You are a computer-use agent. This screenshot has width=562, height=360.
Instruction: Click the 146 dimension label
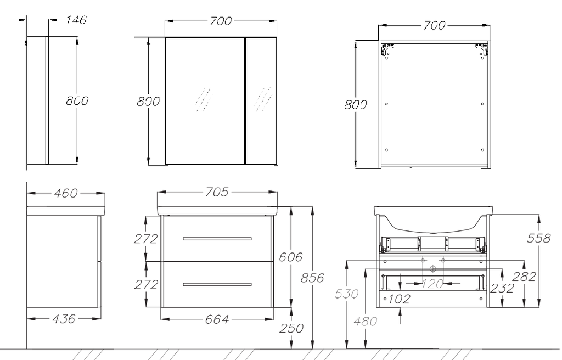click(76, 20)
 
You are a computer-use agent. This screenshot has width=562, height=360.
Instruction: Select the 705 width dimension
click(217, 192)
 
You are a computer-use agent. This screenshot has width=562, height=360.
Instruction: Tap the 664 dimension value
click(217, 319)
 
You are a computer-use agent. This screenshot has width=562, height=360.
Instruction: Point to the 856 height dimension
click(312, 278)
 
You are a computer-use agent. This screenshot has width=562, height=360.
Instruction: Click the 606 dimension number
click(291, 257)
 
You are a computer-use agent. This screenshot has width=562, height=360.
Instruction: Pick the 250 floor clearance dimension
click(291, 328)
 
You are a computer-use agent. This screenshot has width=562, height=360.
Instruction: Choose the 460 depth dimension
click(66, 193)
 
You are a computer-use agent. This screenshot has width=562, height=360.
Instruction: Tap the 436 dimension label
click(64, 318)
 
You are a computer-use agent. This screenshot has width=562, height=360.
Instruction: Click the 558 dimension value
click(538, 238)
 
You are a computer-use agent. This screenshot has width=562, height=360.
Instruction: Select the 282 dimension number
click(524, 277)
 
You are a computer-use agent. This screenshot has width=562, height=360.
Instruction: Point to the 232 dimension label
click(502, 288)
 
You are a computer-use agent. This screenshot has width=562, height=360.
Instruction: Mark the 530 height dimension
click(347, 294)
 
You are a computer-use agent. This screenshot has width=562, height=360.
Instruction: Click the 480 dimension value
click(365, 321)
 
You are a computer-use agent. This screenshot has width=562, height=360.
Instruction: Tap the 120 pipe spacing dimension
click(432, 284)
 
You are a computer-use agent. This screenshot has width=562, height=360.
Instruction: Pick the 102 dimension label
click(400, 299)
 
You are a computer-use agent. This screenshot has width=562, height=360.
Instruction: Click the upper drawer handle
click(217, 239)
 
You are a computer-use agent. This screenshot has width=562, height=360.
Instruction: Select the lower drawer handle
click(217, 284)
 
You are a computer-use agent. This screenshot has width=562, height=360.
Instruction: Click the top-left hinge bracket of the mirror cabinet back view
click(387, 50)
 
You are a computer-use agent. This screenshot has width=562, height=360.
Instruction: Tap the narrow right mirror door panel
click(261, 101)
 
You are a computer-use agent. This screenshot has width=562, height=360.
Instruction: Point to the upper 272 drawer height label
click(146, 239)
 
